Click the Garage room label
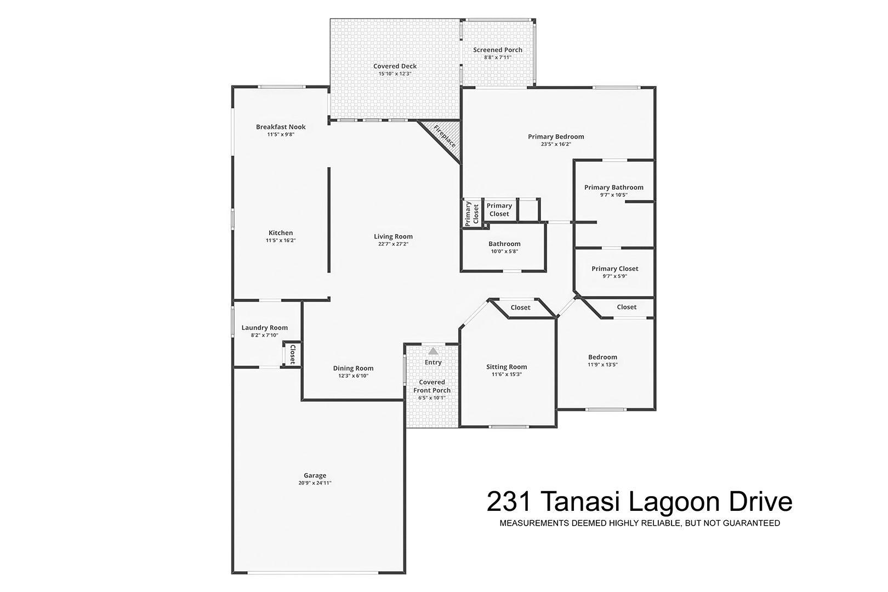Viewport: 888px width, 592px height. click(x=315, y=475)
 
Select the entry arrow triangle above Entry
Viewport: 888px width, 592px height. click(x=433, y=351)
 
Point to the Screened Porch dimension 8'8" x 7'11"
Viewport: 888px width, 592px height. click(x=498, y=58)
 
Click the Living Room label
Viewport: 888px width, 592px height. click(x=393, y=236)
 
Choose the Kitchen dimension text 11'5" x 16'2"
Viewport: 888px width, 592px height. click(x=281, y=240)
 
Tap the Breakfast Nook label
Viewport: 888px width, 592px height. click(x=281, y=127)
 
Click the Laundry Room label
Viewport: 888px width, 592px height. click(x=264, y=328)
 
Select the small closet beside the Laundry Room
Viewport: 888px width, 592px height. click(x=292, y=354)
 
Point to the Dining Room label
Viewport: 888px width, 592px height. click(x=353, y=368)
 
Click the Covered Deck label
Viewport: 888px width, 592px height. click(x=395, y=66)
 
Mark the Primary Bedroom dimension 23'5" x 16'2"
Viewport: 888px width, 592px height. click(x=556, y=144)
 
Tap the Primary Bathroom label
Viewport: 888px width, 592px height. click(x=614, y=187)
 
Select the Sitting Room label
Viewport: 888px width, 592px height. click(x=506, y=367)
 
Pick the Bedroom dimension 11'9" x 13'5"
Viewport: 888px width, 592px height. click(x=602, y=365)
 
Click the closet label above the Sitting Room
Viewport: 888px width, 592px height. click(x=520, y=308)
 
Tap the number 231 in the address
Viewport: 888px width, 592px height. click(x=509, y=502)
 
